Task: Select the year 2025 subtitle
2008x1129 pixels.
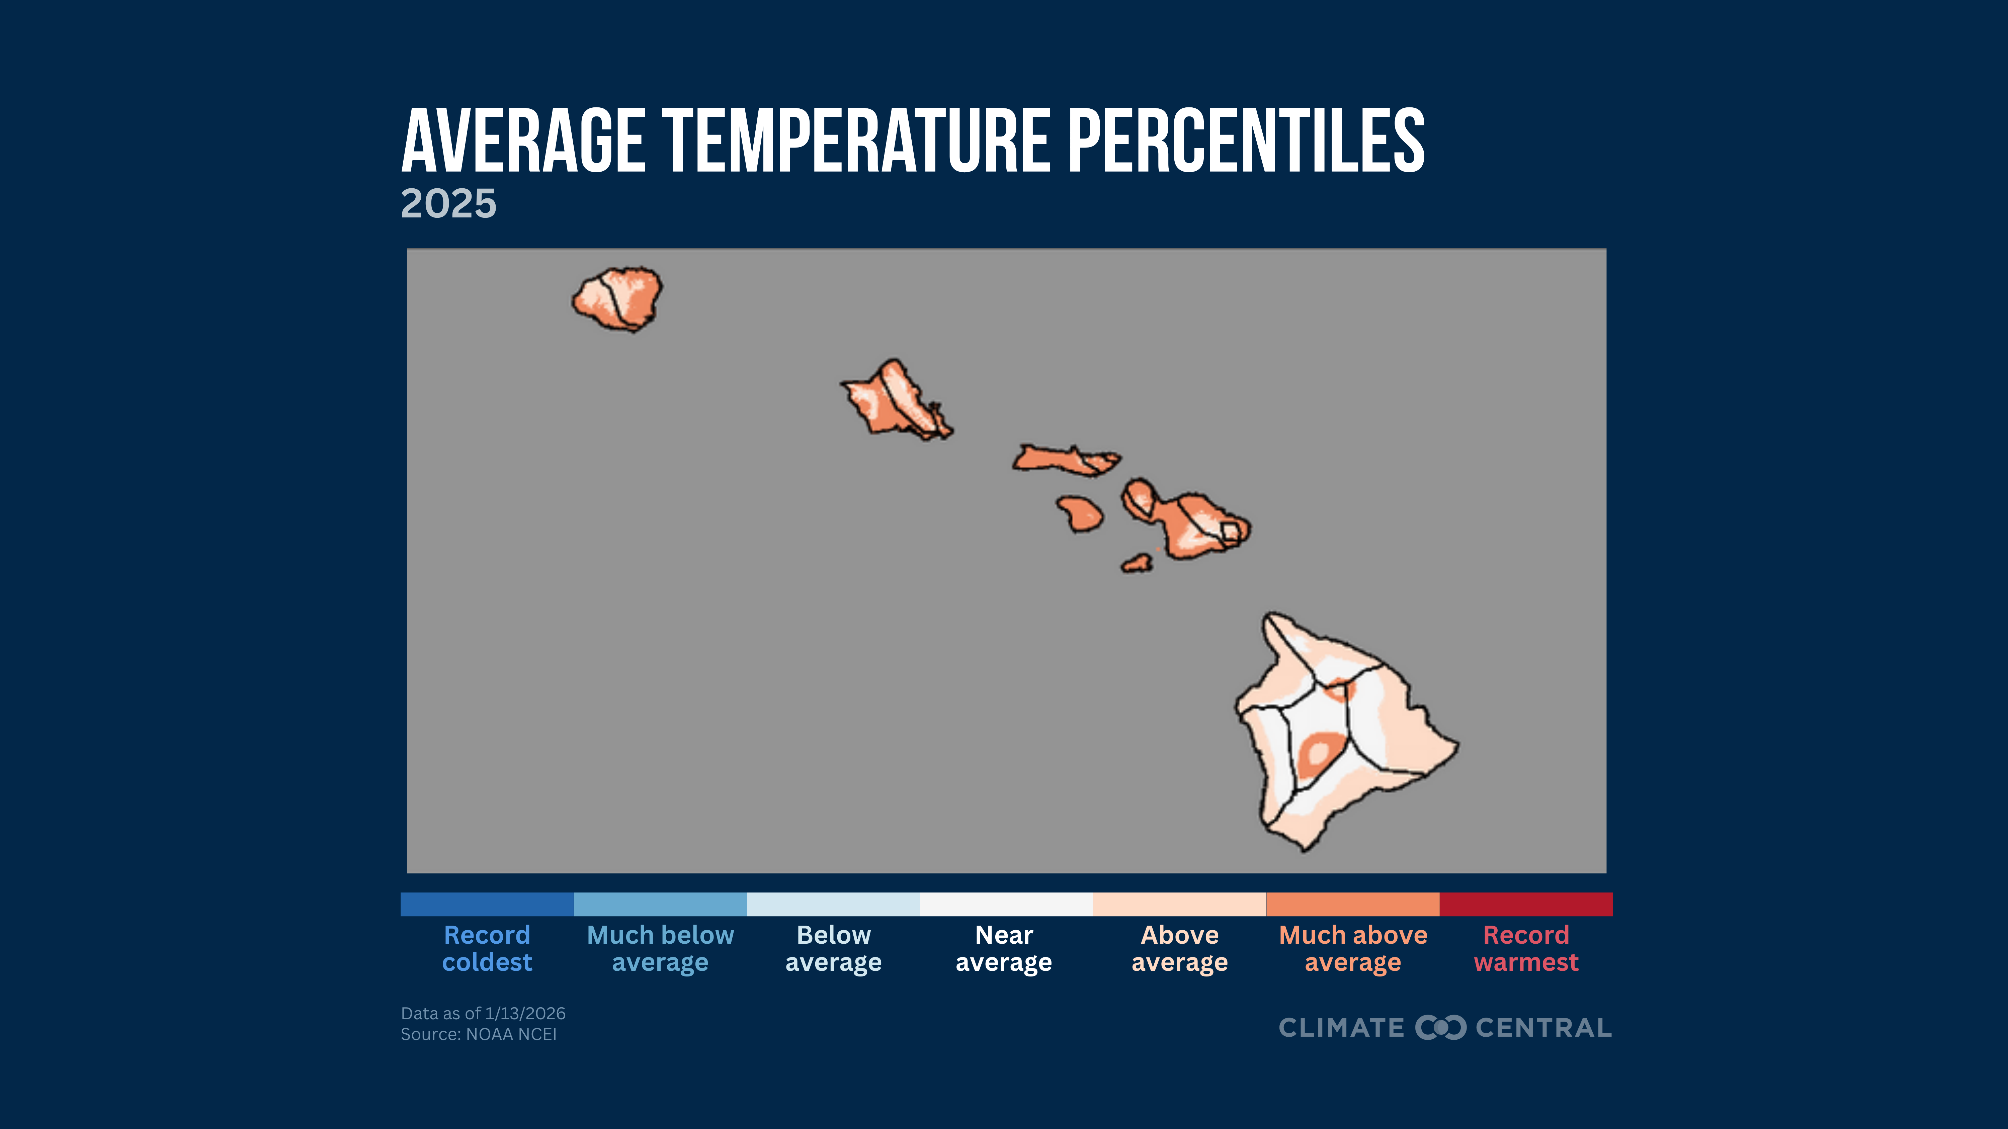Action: pos(448,204)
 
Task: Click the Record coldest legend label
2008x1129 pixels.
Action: pos(487,948)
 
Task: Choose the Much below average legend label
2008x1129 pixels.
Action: pos(660,948)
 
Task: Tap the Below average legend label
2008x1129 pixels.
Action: pos(833,948)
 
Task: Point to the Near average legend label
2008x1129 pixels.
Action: pos(1004,948)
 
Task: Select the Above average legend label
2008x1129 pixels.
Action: pos(1179,948)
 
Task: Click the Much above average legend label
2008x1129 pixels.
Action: pos(1353,948)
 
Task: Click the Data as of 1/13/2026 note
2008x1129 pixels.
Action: pos(483,1013)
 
